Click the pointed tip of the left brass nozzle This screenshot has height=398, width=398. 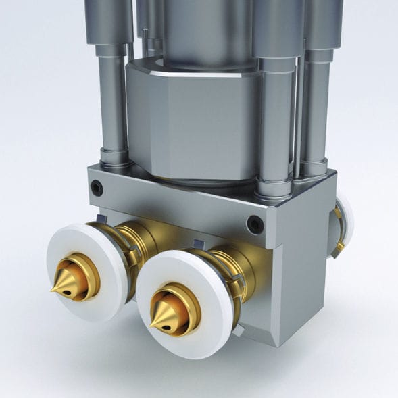(x=52, y=291)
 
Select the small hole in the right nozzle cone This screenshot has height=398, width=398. (x=164, y=321)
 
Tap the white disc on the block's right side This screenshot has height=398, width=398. (x=345, y=220)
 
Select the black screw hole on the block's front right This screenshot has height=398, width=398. (x=255, y=223)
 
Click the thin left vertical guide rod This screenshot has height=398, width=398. (x=111, y=101)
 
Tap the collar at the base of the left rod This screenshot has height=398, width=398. (x=116, y=159)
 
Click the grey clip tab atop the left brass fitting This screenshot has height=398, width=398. (x=101, y=218)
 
